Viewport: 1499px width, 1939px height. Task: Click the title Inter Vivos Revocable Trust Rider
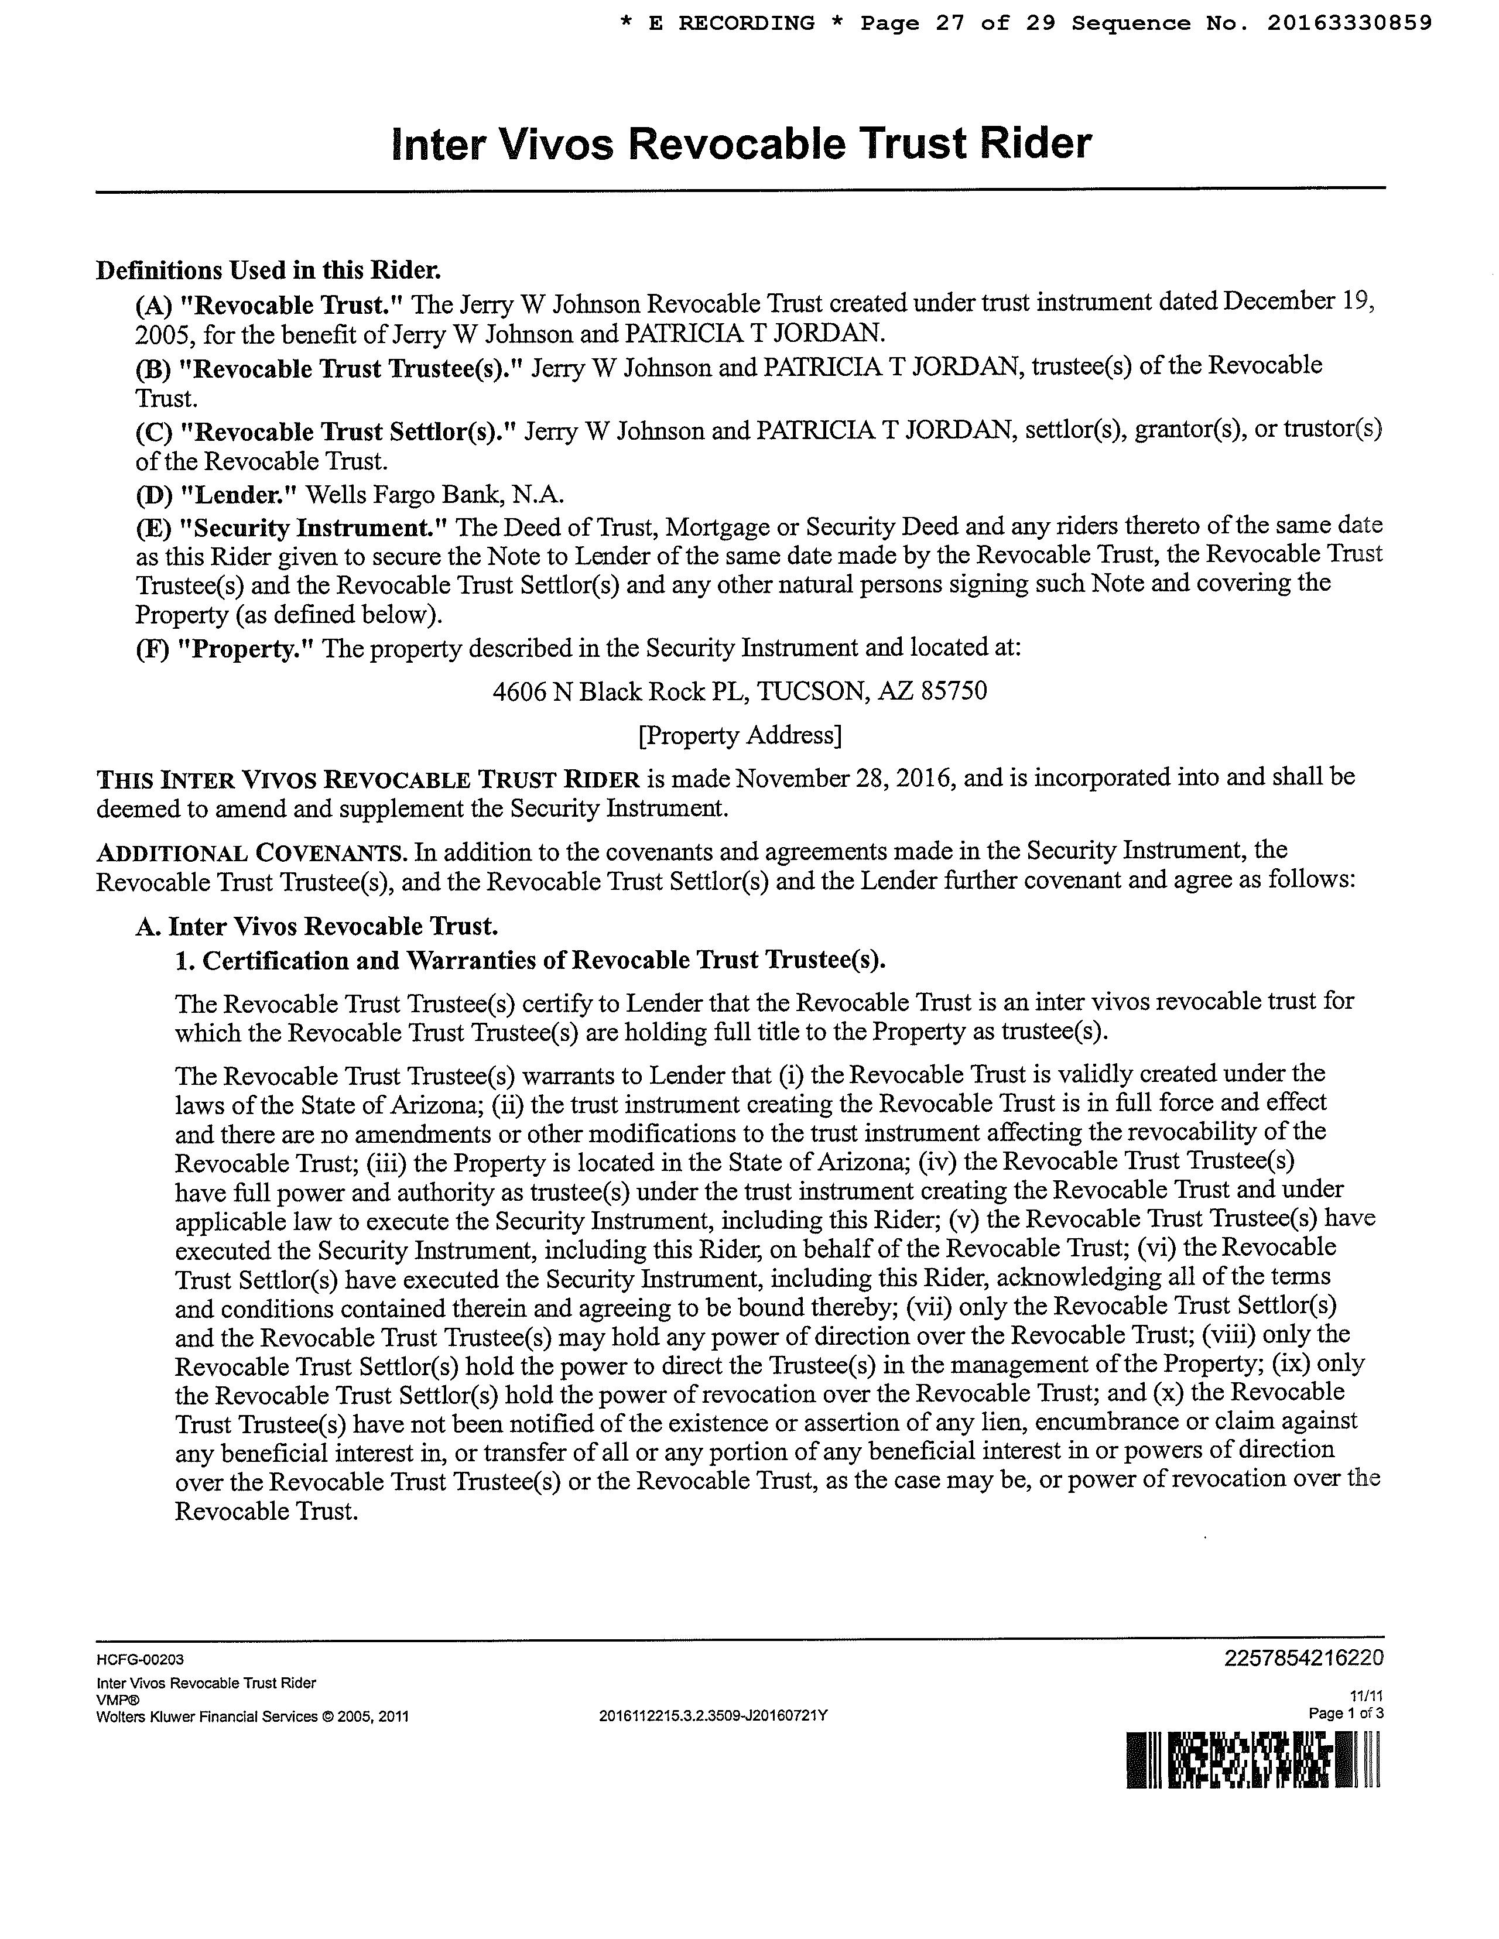pos(741,144)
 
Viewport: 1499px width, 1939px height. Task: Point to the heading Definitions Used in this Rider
pos(268,270)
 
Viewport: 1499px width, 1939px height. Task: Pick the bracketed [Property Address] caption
pos(740,735)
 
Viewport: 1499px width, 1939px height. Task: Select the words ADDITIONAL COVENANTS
pos(251,852)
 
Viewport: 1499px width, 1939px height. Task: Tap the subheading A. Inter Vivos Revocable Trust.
pos(317,927)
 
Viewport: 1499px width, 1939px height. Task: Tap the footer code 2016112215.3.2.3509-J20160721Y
pos(713,1715)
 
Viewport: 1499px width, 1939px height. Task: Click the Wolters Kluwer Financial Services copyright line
pos(252,1716)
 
